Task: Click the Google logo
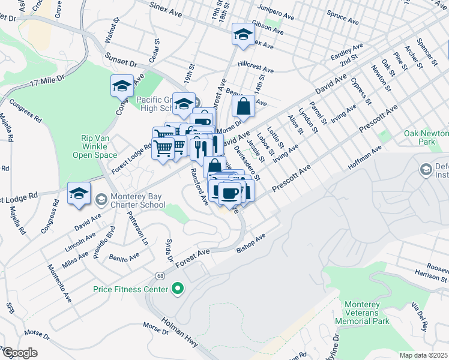(19, 353)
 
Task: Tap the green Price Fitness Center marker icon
(177, 290)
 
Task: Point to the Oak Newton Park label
(427, 137)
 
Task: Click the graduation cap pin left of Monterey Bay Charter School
(79, 194)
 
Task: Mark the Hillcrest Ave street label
(255, 67)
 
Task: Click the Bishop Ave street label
(251, 241)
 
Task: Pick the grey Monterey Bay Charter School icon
(101, 198)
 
